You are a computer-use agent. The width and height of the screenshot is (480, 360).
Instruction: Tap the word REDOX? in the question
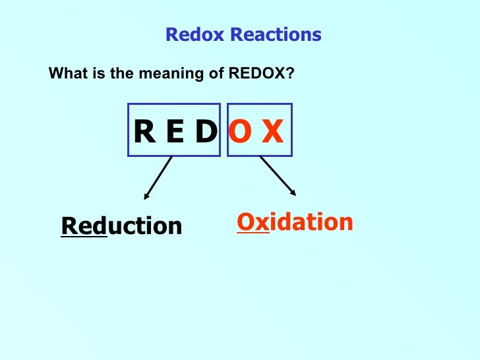pyautogui.click(x=261, y=74)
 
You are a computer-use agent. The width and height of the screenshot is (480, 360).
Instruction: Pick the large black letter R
pyautogui.click(x=144, y=133)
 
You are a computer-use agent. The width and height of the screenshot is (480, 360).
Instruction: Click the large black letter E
pyautogui.click(x=175, y=133)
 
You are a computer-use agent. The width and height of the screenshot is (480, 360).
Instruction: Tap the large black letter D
pyautogui.click(x=204, y=133)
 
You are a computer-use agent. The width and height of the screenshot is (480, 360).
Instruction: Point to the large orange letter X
pyautogui.click(x=272, y=133)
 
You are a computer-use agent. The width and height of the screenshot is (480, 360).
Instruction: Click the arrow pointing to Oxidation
pyautogui.click(x=278, y=175)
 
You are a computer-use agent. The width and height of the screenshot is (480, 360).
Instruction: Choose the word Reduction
pyautogui.click(x=121, y=226)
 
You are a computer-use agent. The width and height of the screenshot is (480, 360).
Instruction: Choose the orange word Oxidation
pyautogui.click(x=295, y=222)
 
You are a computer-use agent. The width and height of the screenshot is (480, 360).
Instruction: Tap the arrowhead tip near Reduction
pyautogui.click(x=145, y=198)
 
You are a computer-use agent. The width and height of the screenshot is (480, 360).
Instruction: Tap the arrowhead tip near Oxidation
pyautogui.click(x=295, y=195)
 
